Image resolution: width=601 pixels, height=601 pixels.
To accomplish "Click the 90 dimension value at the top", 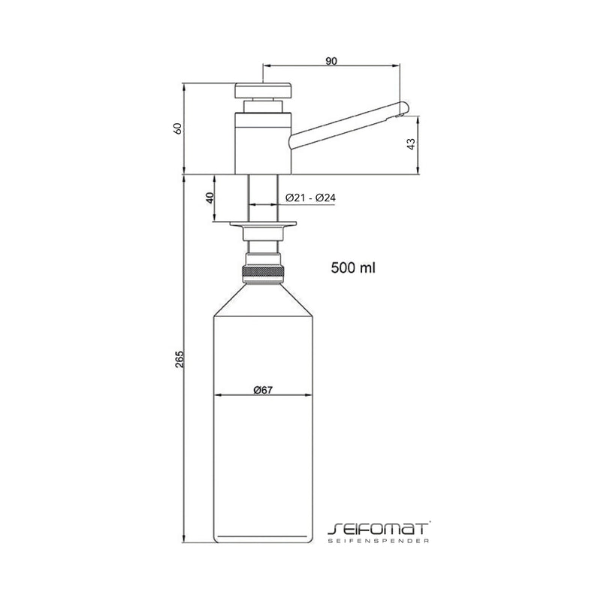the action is point(331,61).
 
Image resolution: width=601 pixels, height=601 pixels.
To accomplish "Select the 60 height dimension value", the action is point(178,128).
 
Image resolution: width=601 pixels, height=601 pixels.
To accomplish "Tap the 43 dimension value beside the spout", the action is point(411,144).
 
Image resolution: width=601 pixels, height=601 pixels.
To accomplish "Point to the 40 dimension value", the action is point(210,198).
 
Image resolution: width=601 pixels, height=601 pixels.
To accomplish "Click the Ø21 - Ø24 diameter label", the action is point(310,198).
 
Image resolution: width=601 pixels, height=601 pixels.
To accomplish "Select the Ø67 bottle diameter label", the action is point(263,390).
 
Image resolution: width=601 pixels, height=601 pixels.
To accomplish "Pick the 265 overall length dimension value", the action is point(180,359).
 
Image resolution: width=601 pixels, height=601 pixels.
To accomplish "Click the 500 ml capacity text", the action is point(353,267).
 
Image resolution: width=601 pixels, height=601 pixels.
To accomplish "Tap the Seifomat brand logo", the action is point(378,529).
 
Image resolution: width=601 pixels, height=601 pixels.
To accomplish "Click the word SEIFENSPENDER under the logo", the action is point(379,541).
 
